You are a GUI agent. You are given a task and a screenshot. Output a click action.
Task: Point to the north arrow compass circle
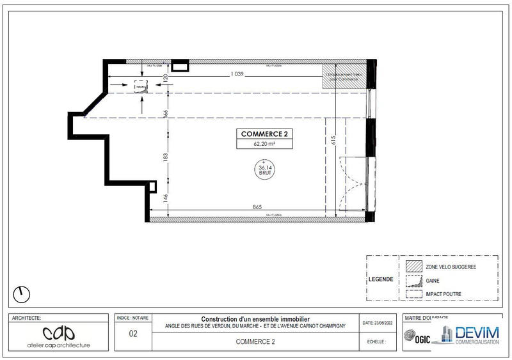(x=22, y=294)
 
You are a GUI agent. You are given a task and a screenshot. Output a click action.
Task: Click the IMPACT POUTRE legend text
(x=443, y=294)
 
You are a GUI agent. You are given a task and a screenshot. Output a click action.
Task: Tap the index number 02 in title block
(x=133, y=333)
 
